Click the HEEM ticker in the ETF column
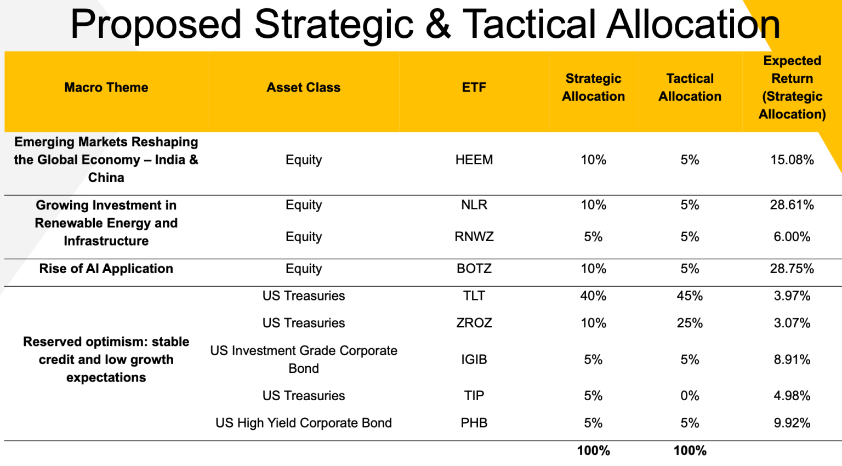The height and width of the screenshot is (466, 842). point(474,160)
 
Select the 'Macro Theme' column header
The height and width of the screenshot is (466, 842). point(106,88)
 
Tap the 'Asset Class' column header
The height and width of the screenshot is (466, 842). point(303,88)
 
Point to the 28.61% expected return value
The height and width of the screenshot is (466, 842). point(792,205)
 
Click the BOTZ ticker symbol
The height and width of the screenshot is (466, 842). point(474,269)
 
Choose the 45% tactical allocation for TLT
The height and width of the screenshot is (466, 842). point(690,295)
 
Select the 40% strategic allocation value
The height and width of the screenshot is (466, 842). point(593,295)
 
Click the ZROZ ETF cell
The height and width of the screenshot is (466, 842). point(474,323)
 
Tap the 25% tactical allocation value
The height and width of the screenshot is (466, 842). point(690,323)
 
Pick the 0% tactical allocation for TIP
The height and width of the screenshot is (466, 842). point(690,396)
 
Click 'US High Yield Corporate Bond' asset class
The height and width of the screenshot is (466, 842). point(303,423)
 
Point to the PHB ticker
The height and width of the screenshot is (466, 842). point(474,423)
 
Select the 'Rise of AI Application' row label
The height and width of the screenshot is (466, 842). point(106,269)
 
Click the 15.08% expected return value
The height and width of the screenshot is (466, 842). point(792,160)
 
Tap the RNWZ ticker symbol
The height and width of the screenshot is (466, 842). point(474,237)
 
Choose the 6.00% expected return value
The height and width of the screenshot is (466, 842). point(792,237)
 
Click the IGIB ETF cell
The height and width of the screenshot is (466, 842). point(474,360)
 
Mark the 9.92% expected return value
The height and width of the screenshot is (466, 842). point(792,423)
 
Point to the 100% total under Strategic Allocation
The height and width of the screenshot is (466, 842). point(593,451)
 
